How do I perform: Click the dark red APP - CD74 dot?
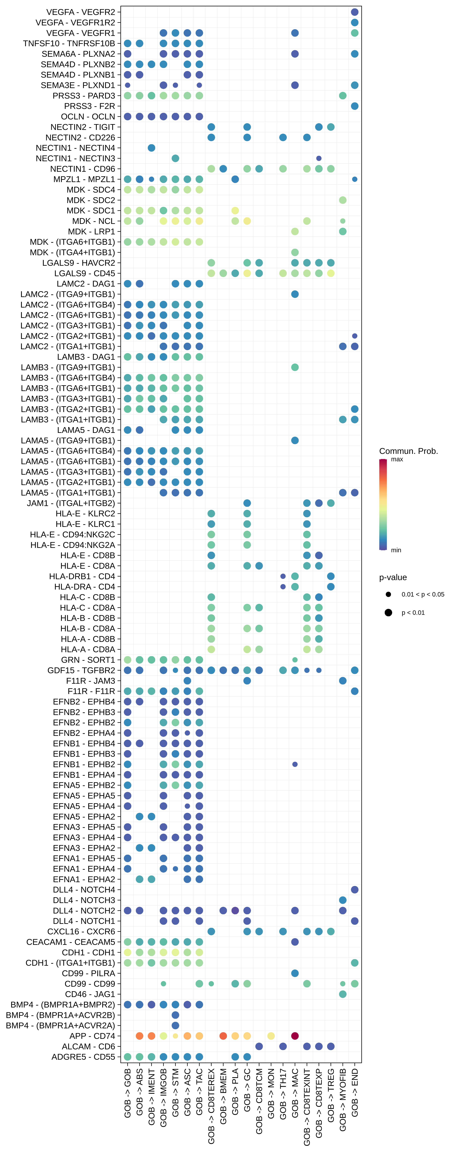(x=295, y=1036)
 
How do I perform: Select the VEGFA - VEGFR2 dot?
(x=354, y=12)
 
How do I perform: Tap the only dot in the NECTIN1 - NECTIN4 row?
(x=152, y=148)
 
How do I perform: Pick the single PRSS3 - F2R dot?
(x=354, y=106)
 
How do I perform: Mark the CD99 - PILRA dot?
(x=295, y=973)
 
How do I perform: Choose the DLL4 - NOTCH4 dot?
(x=354, y=889)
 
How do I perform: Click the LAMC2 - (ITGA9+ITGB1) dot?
(x=295, y=294)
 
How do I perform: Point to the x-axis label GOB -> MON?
(x=271, y=1093)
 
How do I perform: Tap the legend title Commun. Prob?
(x=408, y=451)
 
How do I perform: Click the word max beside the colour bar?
(x=397, y=459)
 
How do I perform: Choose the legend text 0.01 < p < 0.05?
(x=422, y=594)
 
